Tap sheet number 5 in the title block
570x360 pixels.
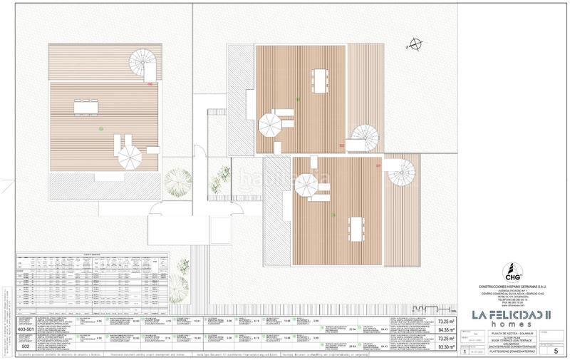click(x=545, y=351)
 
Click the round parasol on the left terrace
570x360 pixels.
click(x=130, y=156)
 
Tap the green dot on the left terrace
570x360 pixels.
click(x=102, y=128)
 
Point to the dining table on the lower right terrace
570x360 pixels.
click(x=354, y=228)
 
